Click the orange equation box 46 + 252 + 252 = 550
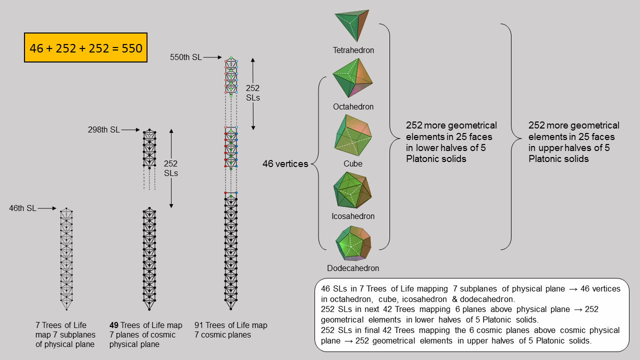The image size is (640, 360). pyautogui.click(x=85, y=48)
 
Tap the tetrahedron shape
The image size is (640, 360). pyautogui.click(x=353, y=26)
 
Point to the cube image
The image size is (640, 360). pyautogui.click(x=352, y=135)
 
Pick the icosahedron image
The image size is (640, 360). pyautogui.click(x=352, y=190)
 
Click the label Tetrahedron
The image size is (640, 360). pyautogui.click(x=353, y=50)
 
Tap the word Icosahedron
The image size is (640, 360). pyautogui.click(x=353, y=216)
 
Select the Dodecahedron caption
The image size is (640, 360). pyautogui.click(x=353, y=268)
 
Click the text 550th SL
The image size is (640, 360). pyautogui.click(x=186, y=57)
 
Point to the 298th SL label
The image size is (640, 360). pyautogui.click(x=104, y=130)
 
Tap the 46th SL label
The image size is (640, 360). pyautogui.click(x=22, y=208)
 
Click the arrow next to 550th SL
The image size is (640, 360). pyautogui.click(x=212, y=57)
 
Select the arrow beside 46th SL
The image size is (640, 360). pyautogui.click(x=47, y=208)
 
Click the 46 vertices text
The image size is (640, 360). pyautogui.click(x=285, y=163)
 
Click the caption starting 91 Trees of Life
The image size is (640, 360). pyautogui.click(x=230, y=330)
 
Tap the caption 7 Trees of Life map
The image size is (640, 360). pyautogui.click(x=65, y=334)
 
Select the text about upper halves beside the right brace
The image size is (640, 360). pyautogui.click(x=573, y=142)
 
